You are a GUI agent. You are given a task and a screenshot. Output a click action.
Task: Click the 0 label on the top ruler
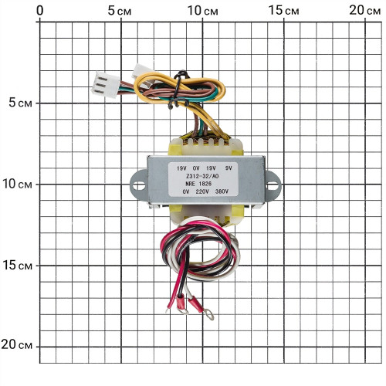[x=40, y=11]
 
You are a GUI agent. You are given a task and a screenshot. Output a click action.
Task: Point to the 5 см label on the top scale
[x=120, y=11]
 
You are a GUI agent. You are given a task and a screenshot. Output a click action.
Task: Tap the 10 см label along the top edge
[x=203, y=11]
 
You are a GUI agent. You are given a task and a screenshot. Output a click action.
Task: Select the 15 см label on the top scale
[x=284, y=11]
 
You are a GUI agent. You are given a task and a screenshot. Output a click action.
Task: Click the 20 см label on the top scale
[x=365, y=11]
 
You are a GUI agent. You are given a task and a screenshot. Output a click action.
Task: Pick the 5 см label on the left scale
[x=21, y=103]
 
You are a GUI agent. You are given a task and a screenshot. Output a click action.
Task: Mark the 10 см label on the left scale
[x=17, y=184]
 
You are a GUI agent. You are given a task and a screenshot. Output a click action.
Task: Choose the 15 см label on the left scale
[x=17, y=266]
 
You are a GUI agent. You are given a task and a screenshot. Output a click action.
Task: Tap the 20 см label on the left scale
[x=17, y=344]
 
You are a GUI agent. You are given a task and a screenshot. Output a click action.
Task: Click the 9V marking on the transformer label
[x=229, y=168]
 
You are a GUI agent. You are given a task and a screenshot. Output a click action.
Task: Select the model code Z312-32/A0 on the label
[x=202, y=176]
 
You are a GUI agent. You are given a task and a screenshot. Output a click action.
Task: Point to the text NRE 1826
[x=198, y=184]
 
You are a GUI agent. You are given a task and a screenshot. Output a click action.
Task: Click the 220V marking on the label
[x=202, y=191]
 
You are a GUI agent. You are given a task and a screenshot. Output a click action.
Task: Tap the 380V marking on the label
[x=222, y=191]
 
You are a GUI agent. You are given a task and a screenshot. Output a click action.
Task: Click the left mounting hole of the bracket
[x=139, y=185]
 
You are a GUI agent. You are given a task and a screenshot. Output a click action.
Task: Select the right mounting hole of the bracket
[x=273, y=185]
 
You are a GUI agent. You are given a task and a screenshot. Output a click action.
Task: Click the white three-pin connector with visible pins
[x=106, y=85]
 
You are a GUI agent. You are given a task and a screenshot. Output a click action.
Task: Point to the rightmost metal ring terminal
[x=208, y=314]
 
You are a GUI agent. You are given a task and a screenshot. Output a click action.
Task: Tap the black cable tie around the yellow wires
[x=179, y=89]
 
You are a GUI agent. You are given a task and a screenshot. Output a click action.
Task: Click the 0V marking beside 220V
[x=186, y=191]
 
